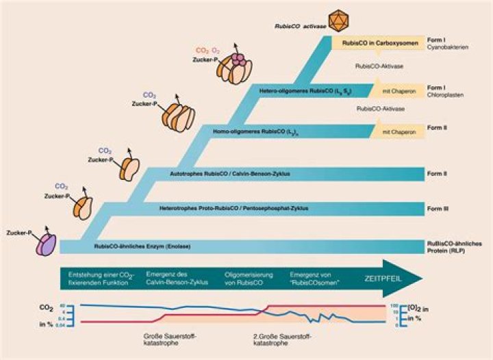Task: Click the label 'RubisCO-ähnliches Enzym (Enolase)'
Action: tap(142, 245)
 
